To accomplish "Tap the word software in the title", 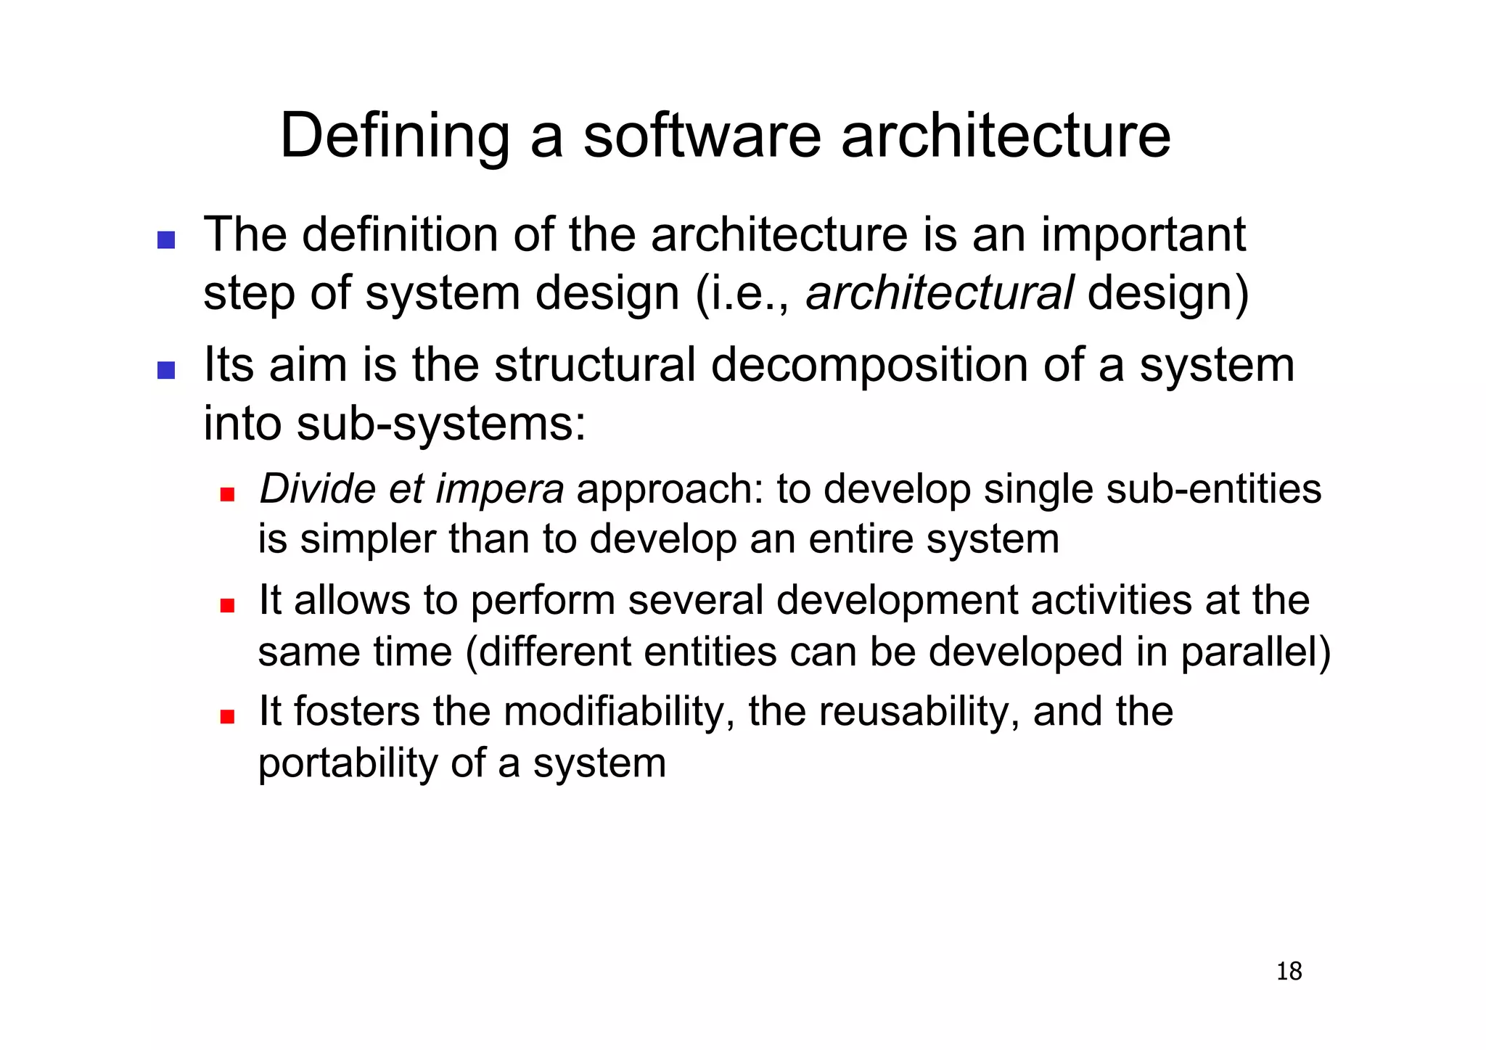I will click(x=702, y=136).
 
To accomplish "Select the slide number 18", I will click(x=1289, y=971).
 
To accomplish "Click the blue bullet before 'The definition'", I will click(x=166, y=240).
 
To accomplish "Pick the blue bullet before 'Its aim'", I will click(x=166, y=370).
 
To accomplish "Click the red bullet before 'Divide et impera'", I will click(x=227, y=494).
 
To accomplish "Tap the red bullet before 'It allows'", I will click(x=227, y=605).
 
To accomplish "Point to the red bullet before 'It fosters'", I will click(x=227, y=716).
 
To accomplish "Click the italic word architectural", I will click(x=939, y=293).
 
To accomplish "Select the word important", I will click(x=1144, y=235).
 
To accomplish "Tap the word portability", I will click(x=348, y=763).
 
